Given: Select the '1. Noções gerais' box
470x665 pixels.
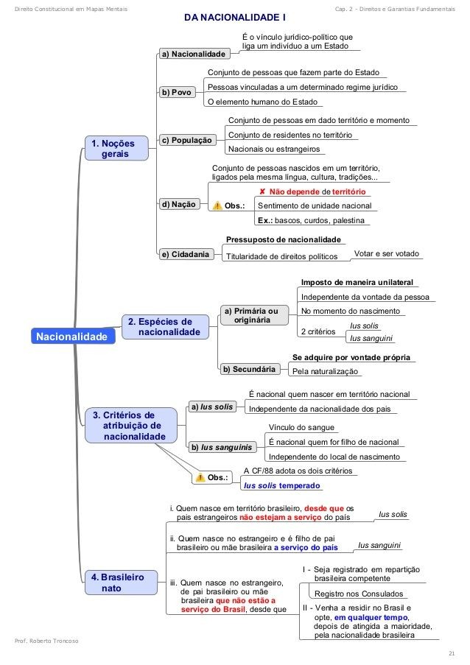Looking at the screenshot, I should pyautogui.click(x=114, y=148).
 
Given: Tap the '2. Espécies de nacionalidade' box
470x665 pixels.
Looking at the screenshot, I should pyautogui.click(x=163, y=327).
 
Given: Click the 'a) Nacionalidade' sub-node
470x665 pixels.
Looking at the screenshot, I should pyautogui.click(x=193, y=54).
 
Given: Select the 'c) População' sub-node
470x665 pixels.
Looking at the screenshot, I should pyautogui.click(x=187, y=140).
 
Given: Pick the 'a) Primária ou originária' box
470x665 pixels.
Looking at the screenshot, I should pyautogui.click(x=251, y=315).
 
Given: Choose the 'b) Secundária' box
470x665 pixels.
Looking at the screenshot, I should pyautogui.click(x=250, y=369).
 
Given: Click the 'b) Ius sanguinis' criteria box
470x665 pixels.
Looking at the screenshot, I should pyautogui.click(x=221, y=447).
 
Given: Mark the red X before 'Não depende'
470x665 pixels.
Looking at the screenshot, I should pyautogui.click(x=262, y=191).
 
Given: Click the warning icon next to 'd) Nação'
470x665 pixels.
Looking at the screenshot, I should pyautogui.click(x=217, y=205).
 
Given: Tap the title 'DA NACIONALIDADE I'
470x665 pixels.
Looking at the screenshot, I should pyautogui.click(x=234, y=16).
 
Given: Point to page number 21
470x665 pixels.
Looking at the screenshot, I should pyautogui.click(x=451, y=653).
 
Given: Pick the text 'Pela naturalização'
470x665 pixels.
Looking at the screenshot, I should pyautogui.click(x=325, y=372).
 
